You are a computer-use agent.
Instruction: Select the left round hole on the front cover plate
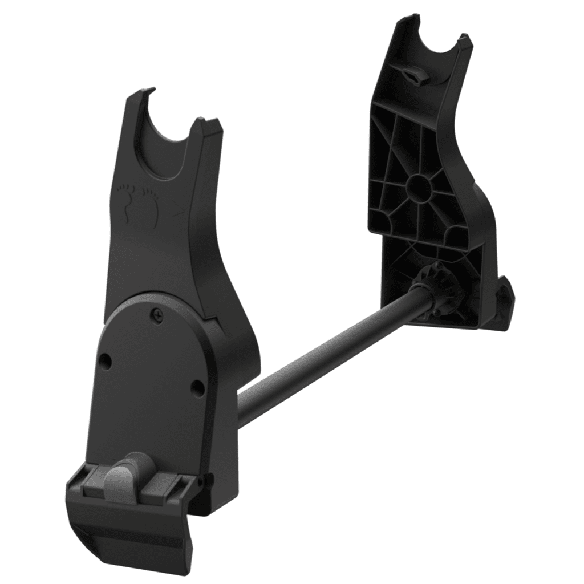(105, 361)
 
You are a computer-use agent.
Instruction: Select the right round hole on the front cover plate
(197, 388)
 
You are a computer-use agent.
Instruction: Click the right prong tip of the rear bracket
(465, 40)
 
